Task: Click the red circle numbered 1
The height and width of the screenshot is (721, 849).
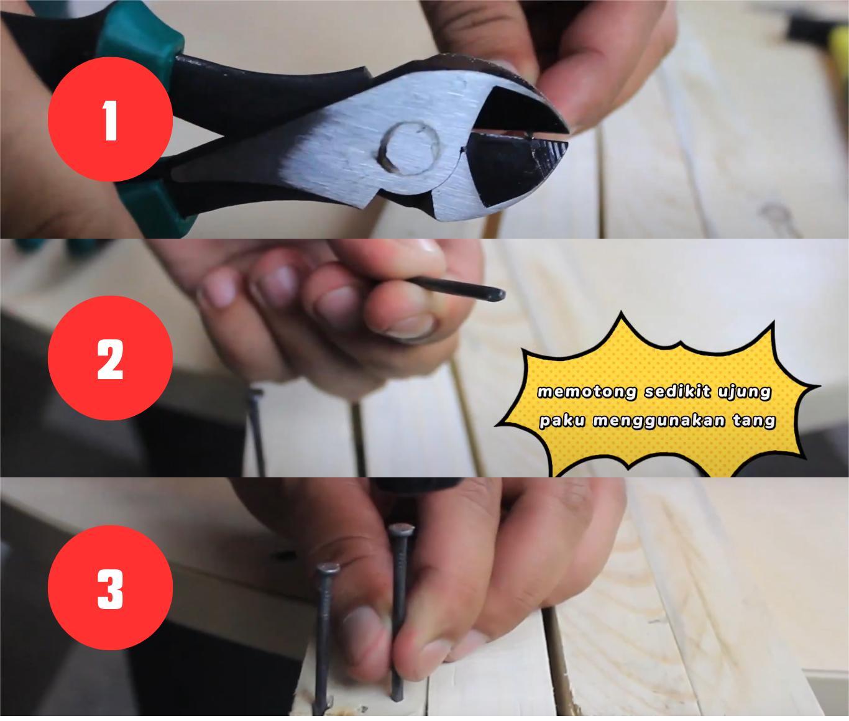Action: pyautogui.click(x=110, y=119)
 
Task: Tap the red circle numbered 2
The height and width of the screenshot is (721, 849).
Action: pyautogui.click(x=110, y=358)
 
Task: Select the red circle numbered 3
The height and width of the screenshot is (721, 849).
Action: pyautogui.click(x=110, y=587)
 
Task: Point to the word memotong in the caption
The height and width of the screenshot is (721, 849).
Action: pyautogui.click(x=587, y=392)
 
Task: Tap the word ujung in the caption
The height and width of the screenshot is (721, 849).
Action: pyautogui.click(x=744, y=392)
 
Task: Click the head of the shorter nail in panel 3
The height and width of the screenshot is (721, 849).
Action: pyautogui.click(x=328, y=569)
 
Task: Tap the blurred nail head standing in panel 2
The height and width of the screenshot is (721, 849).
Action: pyautogui.click(x=255, y=393)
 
